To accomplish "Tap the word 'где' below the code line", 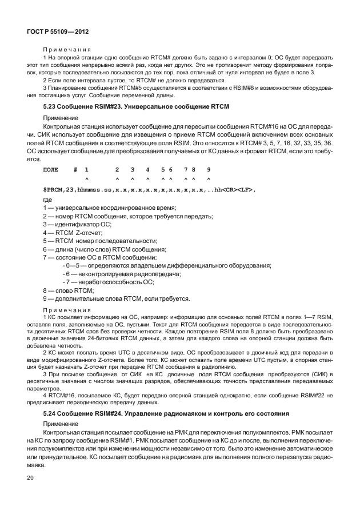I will click(x=47, y=199).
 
